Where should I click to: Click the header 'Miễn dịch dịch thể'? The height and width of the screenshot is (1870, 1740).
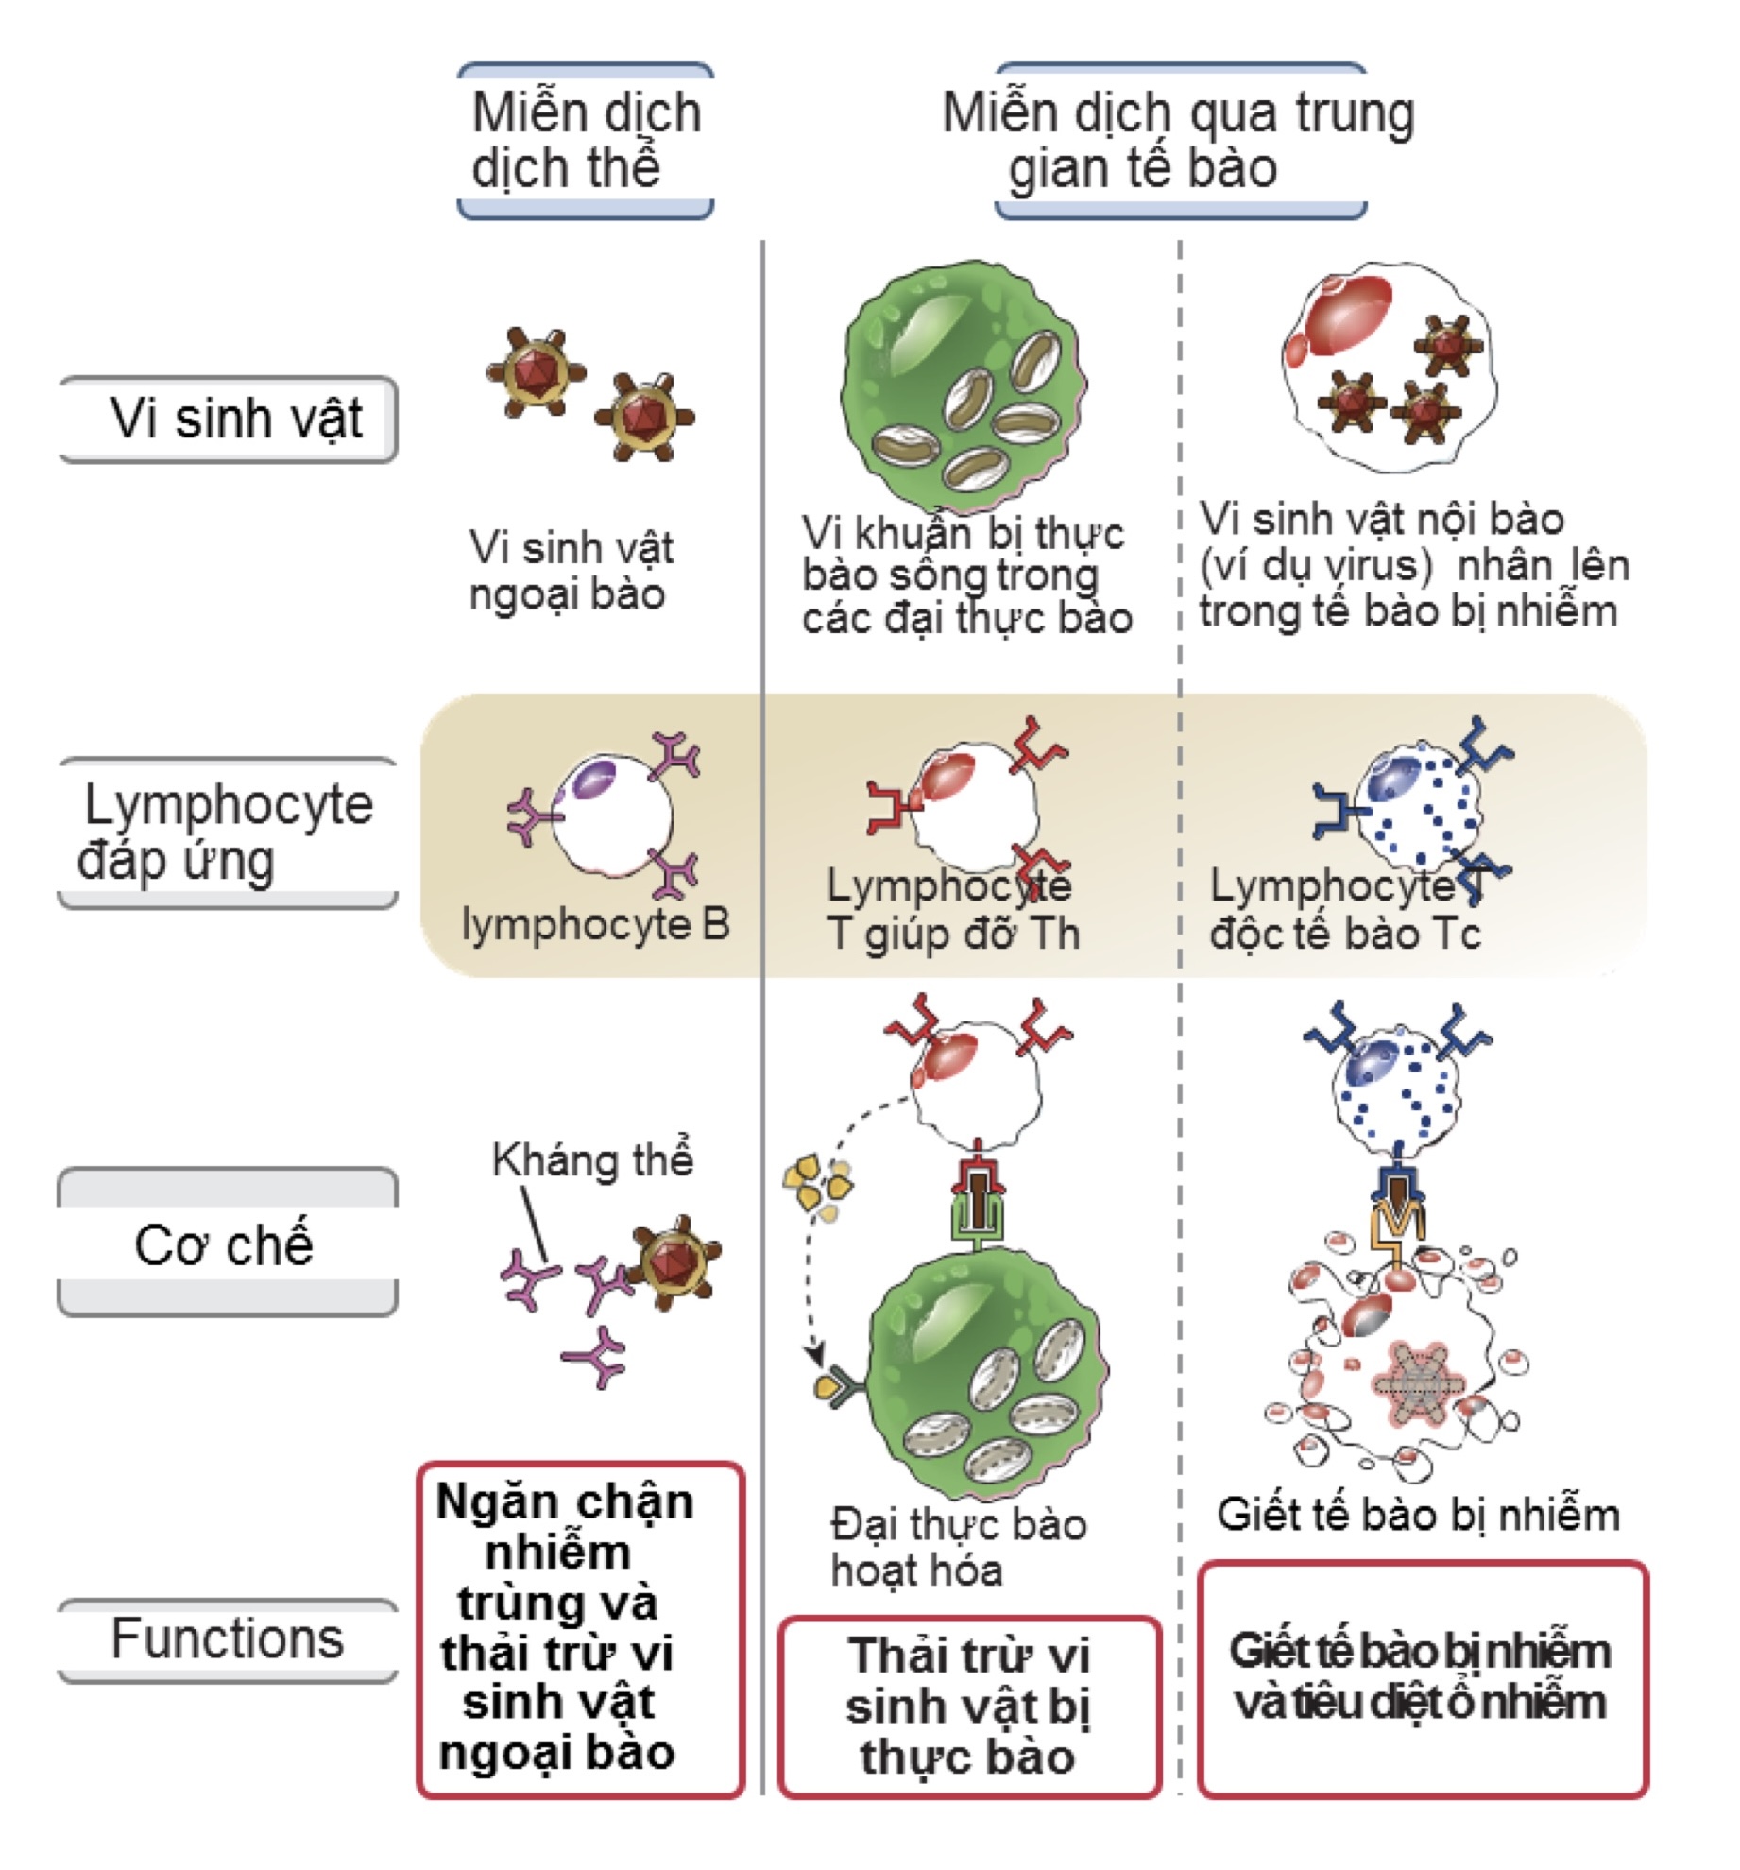point(586,140)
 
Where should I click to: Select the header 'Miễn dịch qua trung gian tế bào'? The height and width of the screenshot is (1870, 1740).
point(1179,140)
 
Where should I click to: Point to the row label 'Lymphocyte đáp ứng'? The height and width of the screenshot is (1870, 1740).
point(227,832)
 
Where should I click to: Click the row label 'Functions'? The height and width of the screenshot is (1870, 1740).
point(227,1638)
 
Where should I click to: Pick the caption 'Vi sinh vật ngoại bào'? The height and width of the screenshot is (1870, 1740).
point(570,571)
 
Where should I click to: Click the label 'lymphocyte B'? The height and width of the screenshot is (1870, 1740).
point(595,924)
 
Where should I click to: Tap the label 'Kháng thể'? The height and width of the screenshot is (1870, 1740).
point(592,1159)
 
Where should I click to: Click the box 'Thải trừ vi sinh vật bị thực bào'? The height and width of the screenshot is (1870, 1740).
point(969,1707)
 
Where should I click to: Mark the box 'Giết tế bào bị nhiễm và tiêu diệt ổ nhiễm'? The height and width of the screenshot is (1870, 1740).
point(1422,1677)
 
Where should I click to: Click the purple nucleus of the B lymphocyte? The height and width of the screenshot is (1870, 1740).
point(593,780)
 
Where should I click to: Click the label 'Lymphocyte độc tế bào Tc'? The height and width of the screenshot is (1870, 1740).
point(1346,910)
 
